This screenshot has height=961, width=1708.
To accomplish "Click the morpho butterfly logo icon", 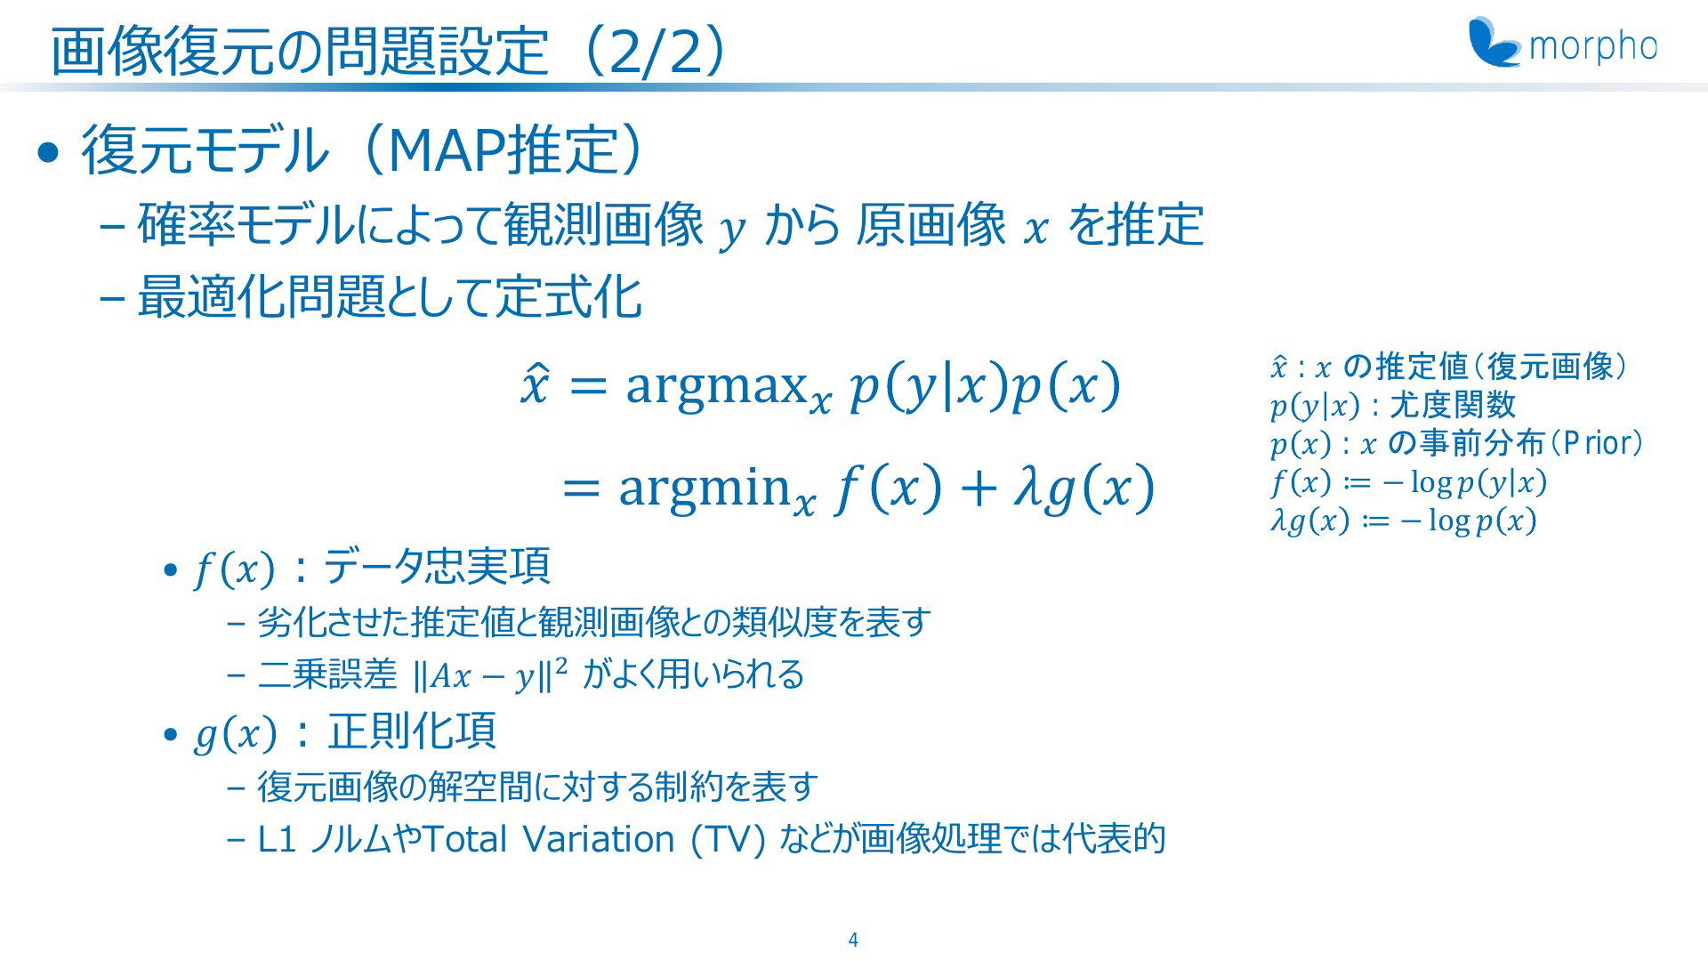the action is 1494,42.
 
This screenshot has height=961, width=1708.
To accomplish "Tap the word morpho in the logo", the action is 1593,47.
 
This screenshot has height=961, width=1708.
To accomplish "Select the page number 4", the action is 853,940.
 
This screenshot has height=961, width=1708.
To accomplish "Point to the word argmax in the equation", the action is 716,387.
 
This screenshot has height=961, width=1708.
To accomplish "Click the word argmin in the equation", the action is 705,489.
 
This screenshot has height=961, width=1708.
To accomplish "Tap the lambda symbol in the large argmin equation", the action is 1027,487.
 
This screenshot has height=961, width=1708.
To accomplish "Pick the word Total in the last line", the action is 465,839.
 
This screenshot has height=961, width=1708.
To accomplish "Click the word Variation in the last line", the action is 599,839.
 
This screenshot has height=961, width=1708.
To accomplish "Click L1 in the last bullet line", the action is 277,839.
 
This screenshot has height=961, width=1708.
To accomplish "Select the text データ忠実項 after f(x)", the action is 436,567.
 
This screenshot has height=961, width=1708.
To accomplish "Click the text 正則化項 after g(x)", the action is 412,731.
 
